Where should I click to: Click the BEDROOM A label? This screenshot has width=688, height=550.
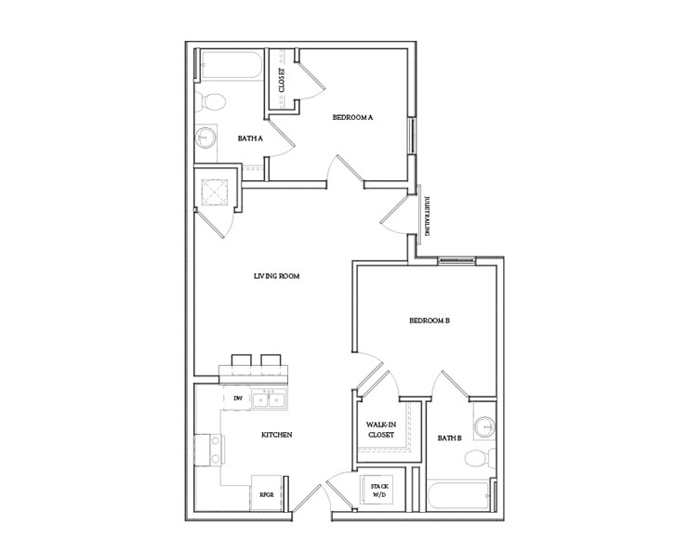(352, 118)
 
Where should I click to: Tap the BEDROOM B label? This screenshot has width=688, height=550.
(430, 321)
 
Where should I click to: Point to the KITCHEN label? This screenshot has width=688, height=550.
(276, 434)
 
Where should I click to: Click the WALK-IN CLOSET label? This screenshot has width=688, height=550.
(380, 429)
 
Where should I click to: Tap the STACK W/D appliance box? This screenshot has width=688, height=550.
(378, 490)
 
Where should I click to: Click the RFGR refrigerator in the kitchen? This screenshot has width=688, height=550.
(266, 493)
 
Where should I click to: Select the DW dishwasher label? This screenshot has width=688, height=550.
(237, 398)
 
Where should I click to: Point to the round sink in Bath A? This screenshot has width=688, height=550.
(205, 138)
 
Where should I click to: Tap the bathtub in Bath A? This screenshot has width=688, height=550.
(228, 68)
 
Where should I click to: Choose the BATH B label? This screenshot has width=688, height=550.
(450, 437)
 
